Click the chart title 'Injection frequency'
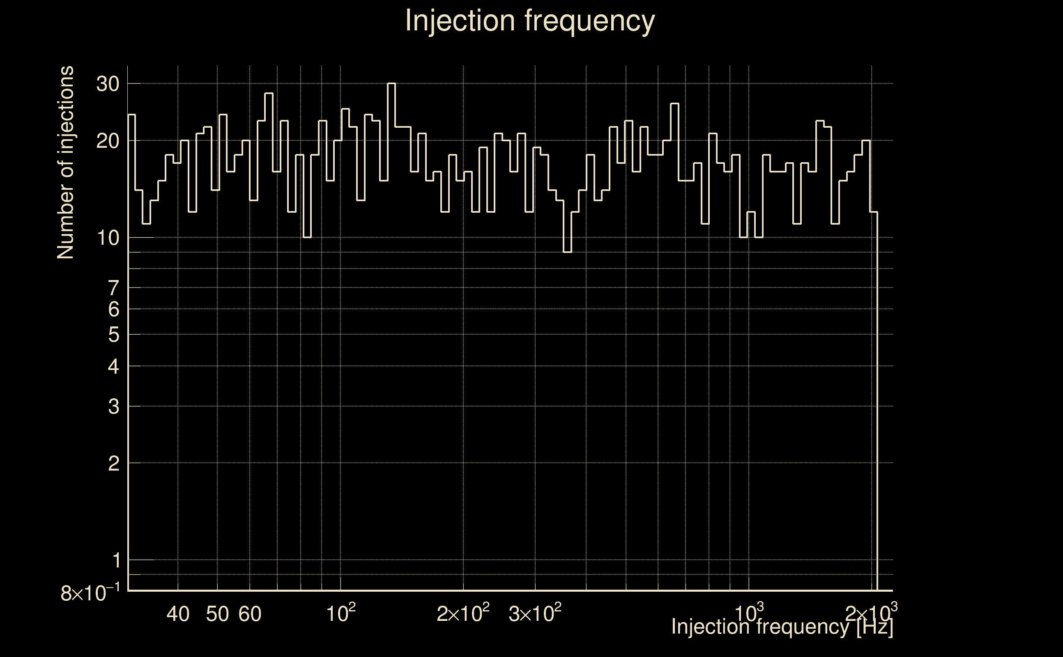(530, 21)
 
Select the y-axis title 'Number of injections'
(65, 163)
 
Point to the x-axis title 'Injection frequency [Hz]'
(782, 627)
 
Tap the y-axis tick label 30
(107, 84)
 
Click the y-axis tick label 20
(107, 141)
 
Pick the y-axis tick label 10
(107, 238)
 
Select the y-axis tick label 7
(113, 288)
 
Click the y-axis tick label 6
(113, 309)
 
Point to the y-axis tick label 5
(113, 335)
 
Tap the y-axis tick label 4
(113, 367)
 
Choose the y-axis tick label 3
(113, 407)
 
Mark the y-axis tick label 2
(113, 464)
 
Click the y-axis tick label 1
(116, 561)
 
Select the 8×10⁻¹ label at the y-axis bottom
(90, 593)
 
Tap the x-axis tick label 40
(178, 614)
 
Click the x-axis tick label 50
(217, 614)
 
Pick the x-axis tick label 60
(250, 614)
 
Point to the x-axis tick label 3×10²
(535, 613)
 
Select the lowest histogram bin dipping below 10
(567, 252)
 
